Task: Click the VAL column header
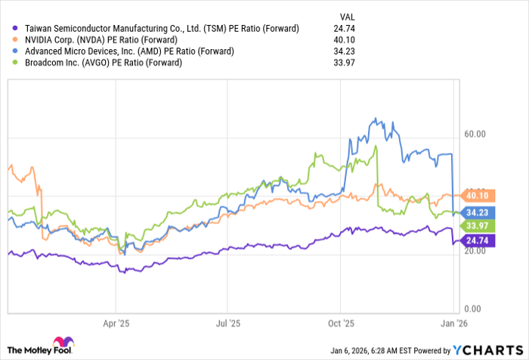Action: (346, 14)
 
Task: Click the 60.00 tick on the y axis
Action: (473, 135)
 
